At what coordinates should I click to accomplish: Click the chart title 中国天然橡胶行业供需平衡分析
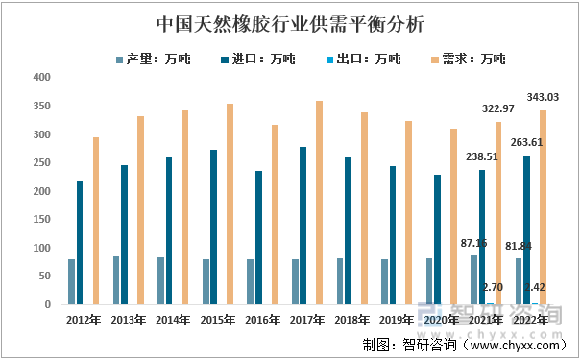point(289,21)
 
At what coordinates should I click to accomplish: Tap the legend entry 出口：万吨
point(369,60)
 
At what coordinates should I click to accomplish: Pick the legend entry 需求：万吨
point(473,60)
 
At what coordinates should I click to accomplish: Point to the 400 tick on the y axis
point(41,78)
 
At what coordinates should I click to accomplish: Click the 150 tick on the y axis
point(41,220)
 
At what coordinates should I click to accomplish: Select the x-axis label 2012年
point(83,319)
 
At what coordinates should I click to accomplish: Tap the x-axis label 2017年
point(306,319)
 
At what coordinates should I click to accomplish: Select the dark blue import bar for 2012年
point(80,243)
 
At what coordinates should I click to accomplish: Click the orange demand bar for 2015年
point(230,204)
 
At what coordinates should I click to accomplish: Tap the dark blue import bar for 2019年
point(393,235)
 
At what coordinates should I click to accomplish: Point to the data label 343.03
point(543,97)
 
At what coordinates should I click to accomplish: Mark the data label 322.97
point(497,108)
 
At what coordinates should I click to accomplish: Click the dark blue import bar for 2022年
point(527,229)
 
